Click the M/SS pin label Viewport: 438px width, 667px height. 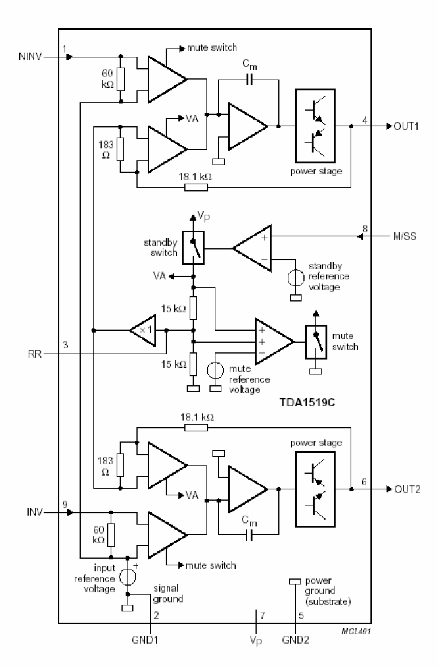point(406,236)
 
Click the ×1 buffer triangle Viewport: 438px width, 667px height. point(142,330)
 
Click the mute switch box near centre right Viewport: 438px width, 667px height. point(317,342)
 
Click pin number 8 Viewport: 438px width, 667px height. point(364,228)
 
